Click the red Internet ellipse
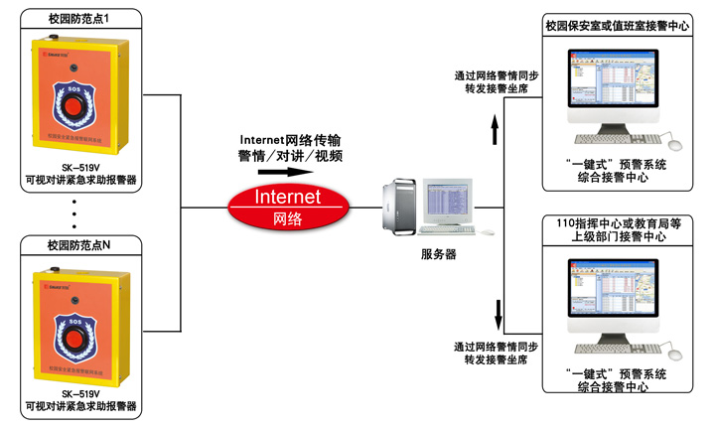tap(288, 205)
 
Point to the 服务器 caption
tap(438, 254)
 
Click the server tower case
tap(403, 206)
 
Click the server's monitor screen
tap(448, 200)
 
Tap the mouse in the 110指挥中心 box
tap(674, 353)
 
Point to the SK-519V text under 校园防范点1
tap(81, 169)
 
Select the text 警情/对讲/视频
tap(290, 156)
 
